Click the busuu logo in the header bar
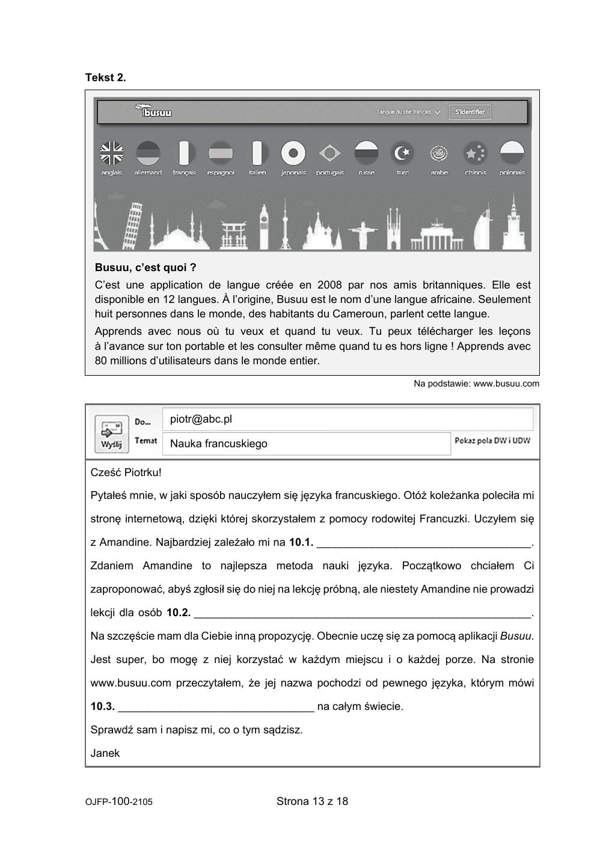(154, 112)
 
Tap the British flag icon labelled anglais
(111, 153)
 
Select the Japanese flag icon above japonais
(293, 153)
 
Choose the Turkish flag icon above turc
(402, 153)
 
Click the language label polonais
(512, 173)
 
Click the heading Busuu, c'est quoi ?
(145, 268)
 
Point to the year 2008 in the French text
(329, 285)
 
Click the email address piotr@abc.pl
(201, 419)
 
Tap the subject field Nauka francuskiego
(218, 444)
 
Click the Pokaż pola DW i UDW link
(492, 440)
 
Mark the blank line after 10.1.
(424, 543)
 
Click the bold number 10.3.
(102, 706)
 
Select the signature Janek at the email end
(105, 753)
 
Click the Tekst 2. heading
(106, 78)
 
